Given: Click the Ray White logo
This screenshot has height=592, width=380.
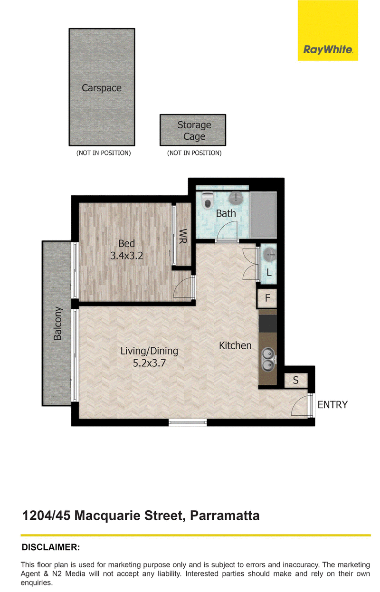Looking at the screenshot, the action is point(328,30).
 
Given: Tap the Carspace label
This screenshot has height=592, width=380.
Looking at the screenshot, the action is point(102,88).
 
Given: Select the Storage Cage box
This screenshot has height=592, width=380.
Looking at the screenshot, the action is point(193,130).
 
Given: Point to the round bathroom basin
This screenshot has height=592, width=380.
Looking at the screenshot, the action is point(235,198).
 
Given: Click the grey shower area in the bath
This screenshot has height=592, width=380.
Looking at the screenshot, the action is point(263,215).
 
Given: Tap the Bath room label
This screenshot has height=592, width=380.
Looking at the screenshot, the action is point(226,213).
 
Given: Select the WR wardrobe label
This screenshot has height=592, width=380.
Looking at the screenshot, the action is point(182,236).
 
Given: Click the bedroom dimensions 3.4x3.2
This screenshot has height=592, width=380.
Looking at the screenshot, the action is point(126,256).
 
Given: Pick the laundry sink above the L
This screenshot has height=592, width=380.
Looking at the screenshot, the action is point(269,255).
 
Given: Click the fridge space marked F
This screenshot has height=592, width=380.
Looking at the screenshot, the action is point(267,298).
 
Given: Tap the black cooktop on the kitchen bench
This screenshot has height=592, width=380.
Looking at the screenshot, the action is point(268,324).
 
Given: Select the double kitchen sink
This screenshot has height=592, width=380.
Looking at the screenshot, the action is point(268,359).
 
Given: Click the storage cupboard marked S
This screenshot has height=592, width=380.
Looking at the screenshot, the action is point(296,380).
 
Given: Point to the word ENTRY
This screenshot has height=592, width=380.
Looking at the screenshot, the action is point(332,405).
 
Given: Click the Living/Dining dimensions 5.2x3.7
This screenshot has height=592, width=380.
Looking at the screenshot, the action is point(149,363).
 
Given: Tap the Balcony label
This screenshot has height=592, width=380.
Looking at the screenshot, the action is point(57,323).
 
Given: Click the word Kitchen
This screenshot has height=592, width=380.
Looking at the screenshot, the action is point(235,345).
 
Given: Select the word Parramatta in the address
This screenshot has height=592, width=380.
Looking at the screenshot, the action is point(225,516).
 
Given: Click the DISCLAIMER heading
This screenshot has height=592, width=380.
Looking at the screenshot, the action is point(51,547).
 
